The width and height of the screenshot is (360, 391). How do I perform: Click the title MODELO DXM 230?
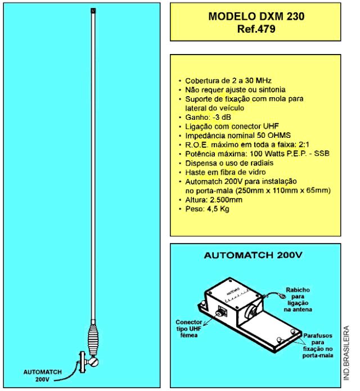pos(256,16)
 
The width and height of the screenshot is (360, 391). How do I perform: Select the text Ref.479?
pos(256,29)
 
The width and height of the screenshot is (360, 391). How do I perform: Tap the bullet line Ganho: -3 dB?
pos(208,117)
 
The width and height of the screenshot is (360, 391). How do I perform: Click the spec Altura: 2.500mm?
pos(214,200)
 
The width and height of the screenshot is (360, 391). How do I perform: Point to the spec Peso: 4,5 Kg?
pos(207,209)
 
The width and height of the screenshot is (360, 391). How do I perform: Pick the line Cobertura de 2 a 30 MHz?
pos(228,81)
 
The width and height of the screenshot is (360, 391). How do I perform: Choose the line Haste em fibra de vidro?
pos(226,172)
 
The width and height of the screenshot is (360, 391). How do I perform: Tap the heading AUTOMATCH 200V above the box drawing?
pos(253,255)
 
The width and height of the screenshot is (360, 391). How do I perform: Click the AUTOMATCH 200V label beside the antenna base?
pos(42,376)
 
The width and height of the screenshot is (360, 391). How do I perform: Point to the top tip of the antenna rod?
pos(93,8)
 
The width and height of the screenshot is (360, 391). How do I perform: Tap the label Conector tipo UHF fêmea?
pos(189,329)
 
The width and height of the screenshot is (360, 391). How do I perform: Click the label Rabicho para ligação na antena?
pos(298,300)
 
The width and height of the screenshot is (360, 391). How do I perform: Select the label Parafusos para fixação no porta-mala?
pos(318,345)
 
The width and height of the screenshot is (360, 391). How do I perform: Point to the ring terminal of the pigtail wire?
pos(282,296)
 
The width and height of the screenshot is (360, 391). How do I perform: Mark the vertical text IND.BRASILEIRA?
pos(346,353)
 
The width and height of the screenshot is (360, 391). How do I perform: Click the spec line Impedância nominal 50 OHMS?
pos(238,136)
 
